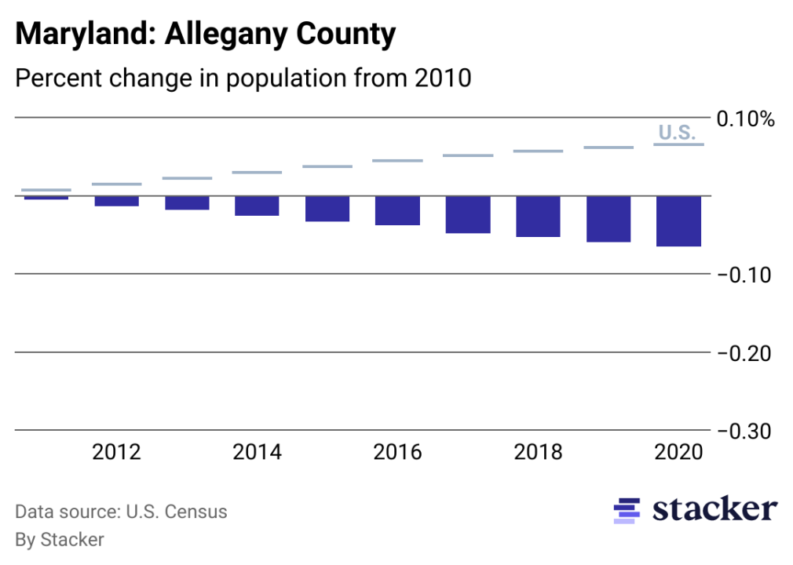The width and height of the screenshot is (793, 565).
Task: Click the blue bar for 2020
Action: (x=678, y=221)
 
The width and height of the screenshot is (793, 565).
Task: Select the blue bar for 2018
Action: (x=538, y=217)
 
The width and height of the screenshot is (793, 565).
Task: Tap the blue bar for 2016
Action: (x=397, y=211)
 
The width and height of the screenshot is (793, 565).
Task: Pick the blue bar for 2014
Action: (x=257, y=206)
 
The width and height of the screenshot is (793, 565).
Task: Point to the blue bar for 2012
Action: (x=116, y=201)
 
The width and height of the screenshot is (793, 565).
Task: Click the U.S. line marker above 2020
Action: (x=678, y=144)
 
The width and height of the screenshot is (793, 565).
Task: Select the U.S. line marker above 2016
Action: (x=397, y=161)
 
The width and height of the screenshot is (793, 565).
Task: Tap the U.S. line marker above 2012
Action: (x=116, y=184)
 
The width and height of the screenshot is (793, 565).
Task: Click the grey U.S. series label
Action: (x=676, y=133)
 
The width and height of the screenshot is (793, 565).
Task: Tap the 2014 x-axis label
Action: (x=257, y=453)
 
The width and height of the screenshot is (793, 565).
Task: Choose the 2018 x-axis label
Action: (x=538, y=453)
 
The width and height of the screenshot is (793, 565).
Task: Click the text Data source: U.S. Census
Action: (x=121, y=512)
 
